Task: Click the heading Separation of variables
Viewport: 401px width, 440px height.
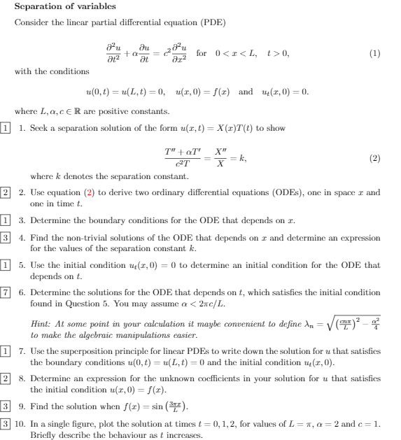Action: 56,7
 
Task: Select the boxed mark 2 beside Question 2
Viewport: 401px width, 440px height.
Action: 6,192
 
